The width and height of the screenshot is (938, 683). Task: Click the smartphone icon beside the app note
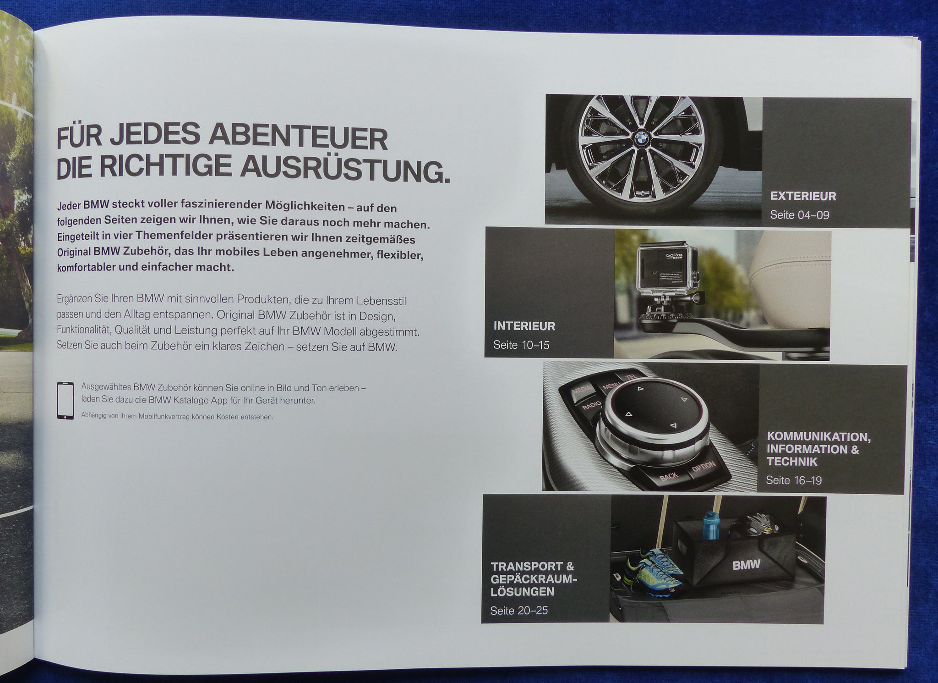point(65,400)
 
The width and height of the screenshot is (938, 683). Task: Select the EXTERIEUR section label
point(803,196)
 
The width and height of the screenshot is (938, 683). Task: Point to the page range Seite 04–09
point(799,215)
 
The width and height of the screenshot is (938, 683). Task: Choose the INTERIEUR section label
point(524,326)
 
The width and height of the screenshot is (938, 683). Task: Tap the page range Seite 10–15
point(521,345)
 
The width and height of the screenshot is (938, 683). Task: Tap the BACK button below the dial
point(668,476)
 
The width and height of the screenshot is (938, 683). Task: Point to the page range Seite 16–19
point(794,480)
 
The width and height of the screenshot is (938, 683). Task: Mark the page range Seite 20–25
point(519,611)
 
